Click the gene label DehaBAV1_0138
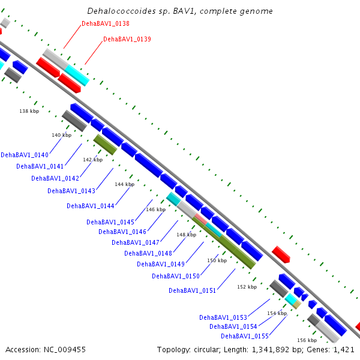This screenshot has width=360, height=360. [x=106, y=23]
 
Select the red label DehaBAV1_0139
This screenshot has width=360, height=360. [x=127, y=39]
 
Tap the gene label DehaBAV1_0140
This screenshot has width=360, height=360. [x=25, y=155]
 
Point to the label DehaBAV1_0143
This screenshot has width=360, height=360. [x=71, y=191]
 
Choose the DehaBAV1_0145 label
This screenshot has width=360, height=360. [x=110, y=222]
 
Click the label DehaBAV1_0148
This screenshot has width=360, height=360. [x=148, y=253]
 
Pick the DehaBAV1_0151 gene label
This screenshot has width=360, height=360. [x=193, y=290]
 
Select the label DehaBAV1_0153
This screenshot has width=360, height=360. [x=223, y=318]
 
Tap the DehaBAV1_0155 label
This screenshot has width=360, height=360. [x=245, y=337]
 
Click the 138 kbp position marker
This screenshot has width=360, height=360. [x=29, y=111]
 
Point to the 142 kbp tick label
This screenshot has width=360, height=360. [x=93, y=160]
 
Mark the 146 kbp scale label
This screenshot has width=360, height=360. [x=155, y=209]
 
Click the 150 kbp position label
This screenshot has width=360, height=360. [x=217, y=260]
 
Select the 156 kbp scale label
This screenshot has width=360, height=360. [x=307, y=340]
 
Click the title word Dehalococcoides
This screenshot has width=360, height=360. [x=118, y=11]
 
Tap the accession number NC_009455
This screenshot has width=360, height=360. [x=65, y=350]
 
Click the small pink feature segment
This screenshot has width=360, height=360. [x=201, y=219]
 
